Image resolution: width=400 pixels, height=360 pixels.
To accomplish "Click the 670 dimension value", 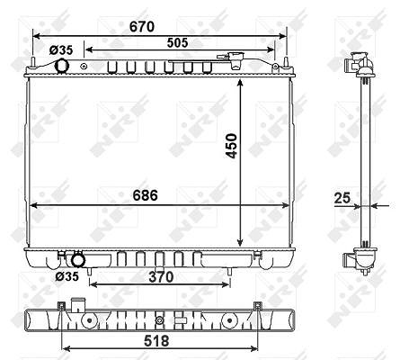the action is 142,27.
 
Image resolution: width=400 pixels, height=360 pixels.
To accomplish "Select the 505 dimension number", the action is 177,43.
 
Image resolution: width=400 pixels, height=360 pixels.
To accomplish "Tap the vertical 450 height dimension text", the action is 232,146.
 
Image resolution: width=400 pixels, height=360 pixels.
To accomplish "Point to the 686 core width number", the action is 145,195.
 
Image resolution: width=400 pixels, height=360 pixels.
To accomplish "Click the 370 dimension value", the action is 161,277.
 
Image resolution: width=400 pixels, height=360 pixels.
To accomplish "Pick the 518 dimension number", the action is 156,341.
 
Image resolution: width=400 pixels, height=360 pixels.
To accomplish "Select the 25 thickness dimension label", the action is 342,198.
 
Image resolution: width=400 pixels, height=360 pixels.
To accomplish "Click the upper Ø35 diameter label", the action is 61,50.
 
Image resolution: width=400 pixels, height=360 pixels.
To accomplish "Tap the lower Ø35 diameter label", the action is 67,276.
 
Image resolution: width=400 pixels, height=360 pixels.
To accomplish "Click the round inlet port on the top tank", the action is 62,66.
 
